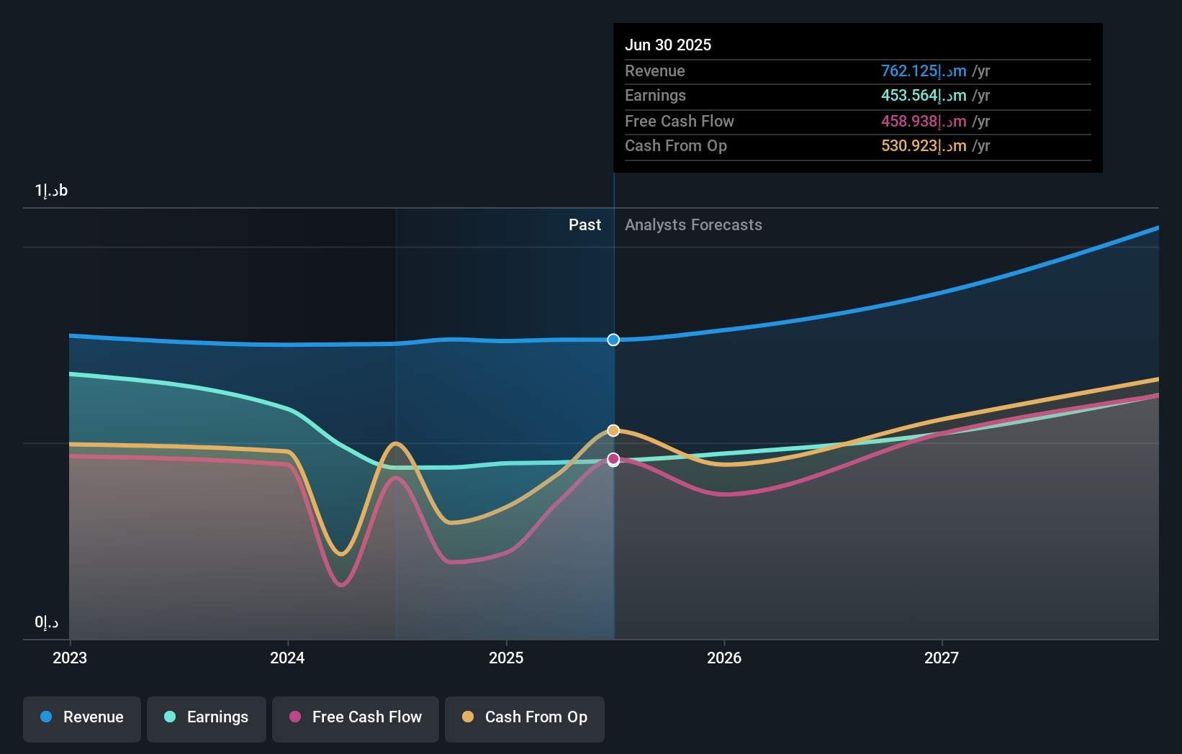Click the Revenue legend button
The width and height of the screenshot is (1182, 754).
tap(82, 717)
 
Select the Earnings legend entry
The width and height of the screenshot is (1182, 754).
tap(207, 717)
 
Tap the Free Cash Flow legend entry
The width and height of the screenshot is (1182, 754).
tap(356, 717)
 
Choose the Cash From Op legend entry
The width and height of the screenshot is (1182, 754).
tap(525, 717)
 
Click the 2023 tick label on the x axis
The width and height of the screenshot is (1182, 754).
tap(70, 658)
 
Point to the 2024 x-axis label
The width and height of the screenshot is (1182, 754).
tap(287, 658)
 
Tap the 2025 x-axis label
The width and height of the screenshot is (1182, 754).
tap(506, 658)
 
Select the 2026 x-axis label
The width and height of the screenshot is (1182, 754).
tap(724, 658)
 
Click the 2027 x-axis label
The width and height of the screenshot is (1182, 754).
tap(942, 658)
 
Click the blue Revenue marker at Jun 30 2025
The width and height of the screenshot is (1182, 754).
tap(613, 340)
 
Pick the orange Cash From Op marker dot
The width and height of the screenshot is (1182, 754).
tap(613, 430)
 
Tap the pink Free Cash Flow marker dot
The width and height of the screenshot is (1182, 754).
tap(613, 458)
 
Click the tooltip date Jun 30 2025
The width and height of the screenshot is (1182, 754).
tap(668, 45)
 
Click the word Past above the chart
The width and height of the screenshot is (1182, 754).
tap(585, 224)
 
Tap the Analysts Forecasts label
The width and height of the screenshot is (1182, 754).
tap(693, 224)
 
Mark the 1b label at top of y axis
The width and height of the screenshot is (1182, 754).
tap(51, 191)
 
